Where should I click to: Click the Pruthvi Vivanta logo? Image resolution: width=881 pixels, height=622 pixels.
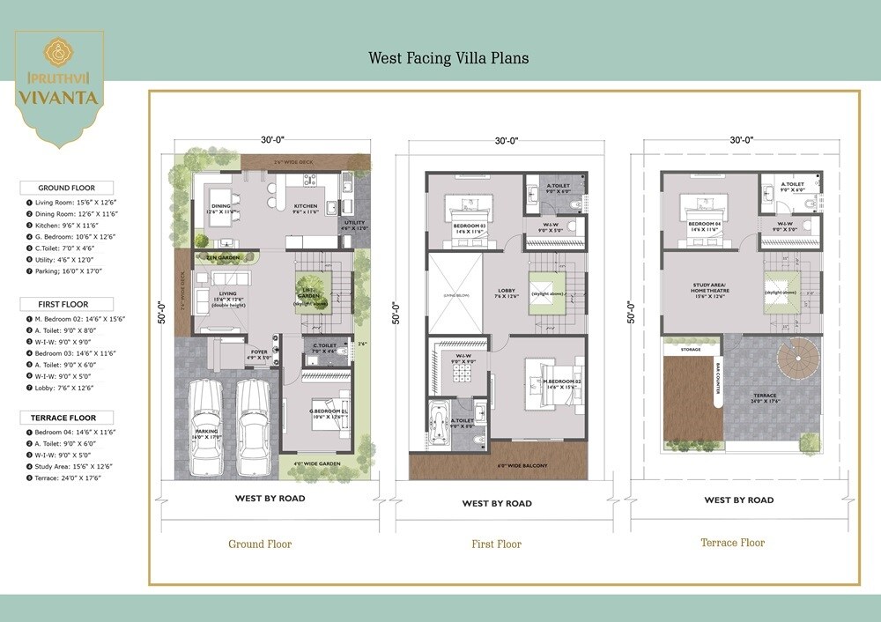(59, 84)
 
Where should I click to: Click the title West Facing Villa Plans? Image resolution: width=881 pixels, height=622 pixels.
(448, 58)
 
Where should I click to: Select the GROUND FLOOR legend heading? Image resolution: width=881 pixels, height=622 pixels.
(66, 188)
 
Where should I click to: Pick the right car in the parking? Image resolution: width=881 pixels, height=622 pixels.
(253, 426)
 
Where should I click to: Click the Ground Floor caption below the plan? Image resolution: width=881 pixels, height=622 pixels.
(260, 544)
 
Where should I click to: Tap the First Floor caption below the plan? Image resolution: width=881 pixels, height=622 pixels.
(497, 544)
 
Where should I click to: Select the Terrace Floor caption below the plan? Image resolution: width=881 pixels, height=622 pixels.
(732, 543)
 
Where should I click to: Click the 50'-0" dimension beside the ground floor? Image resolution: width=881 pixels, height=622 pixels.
(160, 313)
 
